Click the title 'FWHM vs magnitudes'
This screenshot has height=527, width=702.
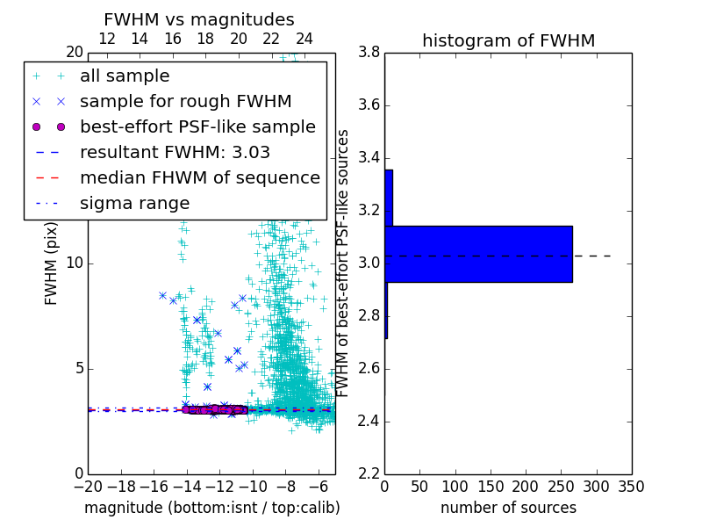[199, 19]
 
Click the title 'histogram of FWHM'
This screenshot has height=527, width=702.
[508, 40]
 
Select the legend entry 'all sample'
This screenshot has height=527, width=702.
[125, 76]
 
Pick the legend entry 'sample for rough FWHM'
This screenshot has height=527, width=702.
[185, 101]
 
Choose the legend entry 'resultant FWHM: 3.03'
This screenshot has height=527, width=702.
[175, 152]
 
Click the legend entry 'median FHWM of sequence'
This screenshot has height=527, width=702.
[199, 177]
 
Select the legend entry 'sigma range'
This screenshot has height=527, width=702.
[134, 203]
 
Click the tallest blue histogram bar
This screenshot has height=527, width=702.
[478, 254]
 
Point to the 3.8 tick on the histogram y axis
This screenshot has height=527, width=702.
[369, 53]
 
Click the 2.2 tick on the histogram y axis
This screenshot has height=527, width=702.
[369, 473]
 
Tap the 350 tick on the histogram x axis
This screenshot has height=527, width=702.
[632, 486]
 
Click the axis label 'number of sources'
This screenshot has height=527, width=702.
[508, 508]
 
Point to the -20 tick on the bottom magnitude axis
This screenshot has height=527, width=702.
[88, 486]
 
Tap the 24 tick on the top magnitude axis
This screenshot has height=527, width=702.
[304, 39]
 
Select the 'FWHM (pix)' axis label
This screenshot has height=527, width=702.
[52, 264]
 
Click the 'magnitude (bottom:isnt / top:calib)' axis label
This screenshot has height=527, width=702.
[211, 508]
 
